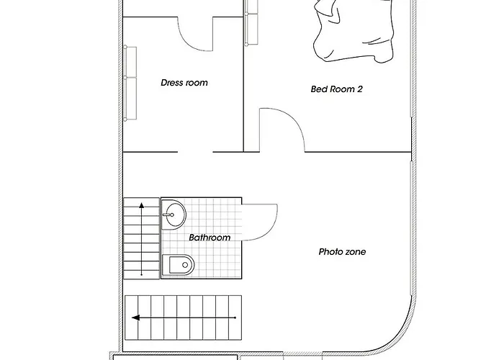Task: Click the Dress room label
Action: point(184,83)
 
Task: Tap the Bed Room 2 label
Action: point(336,89)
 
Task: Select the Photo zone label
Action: point(342,252)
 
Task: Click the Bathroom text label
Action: point(210,238)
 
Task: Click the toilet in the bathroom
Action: point(178,265)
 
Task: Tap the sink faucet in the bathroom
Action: point(168,215)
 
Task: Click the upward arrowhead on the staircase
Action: point(142,205)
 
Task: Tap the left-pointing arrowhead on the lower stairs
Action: point(135,318)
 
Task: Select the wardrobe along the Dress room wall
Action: point(130,83)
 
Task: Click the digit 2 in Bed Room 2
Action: point(360,89)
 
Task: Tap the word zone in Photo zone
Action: point(355,252)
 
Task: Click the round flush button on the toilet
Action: point(185,265)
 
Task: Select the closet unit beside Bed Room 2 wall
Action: point(251,22)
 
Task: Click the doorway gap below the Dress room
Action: point(195,152)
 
